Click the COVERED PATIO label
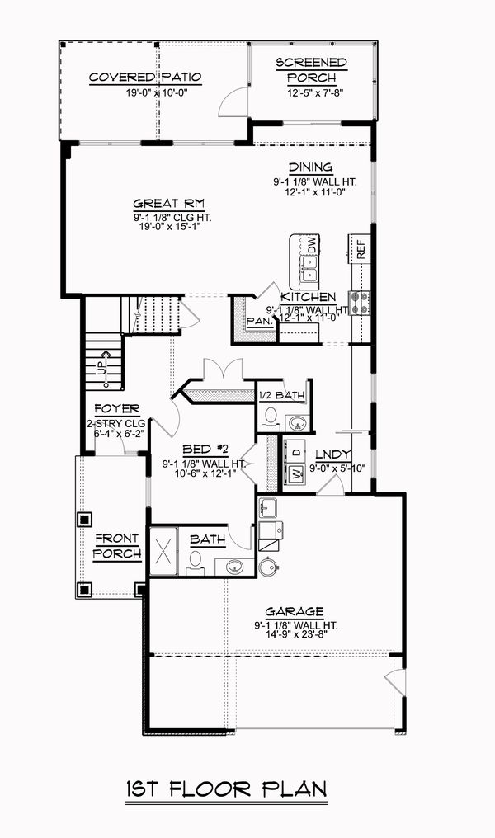click(x=145, y=78)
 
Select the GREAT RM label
click(x=169, y=204)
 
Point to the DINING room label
click(x=310, y=167)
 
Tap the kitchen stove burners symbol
click(x=361, y=303)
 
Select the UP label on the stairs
click(x=101, y=369)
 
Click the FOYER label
click(x=115, y=409)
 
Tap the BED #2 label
click(x=205, y=449)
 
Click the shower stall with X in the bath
click(x=163, y=548)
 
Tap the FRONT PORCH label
click(x=115, y=546)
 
